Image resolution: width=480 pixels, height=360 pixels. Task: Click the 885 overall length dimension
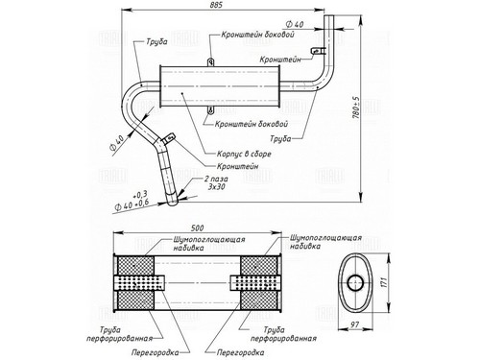(217, 5)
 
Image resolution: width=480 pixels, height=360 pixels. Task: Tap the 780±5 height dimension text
(356, 108)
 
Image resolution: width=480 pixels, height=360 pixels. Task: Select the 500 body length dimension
(197, 228)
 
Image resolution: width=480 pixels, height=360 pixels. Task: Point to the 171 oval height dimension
(384, 282)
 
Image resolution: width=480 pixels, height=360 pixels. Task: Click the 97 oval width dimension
(354, 324)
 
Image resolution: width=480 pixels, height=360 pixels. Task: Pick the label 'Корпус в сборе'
(244, 154)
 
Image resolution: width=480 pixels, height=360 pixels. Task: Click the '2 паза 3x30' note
(216, 182)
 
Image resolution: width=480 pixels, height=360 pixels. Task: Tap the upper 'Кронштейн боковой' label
(257, 35)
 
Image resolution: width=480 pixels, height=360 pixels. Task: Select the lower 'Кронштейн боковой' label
(252, 124)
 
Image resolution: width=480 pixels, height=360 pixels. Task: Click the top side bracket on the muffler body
(210, 61)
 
